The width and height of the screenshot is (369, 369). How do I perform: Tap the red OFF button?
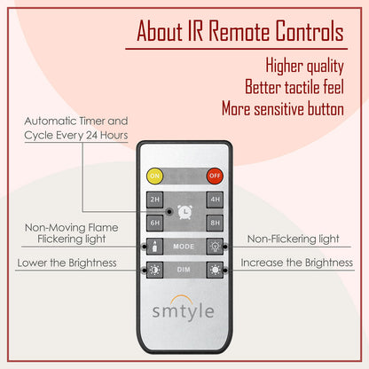tap(215, 176)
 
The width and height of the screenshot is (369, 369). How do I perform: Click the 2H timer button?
tap(155, 200)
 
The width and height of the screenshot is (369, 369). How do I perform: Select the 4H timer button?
tap(215, 200)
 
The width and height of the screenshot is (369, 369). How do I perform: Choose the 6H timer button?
tap(155, 223)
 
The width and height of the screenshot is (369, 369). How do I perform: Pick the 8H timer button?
tap(215, 223)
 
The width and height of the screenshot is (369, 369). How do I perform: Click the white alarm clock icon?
tap(185, 212)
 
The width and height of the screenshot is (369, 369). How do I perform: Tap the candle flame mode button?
tap(154, 247)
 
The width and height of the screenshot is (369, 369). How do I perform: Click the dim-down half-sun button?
tap(154, 270)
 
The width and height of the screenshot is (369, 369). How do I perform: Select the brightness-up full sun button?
tap(215, 270)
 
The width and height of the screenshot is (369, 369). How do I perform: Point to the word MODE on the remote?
tap(184, 247)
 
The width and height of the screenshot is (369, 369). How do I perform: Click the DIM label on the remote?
tap(184, 270)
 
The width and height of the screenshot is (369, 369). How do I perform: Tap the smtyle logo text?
tap(184, 311)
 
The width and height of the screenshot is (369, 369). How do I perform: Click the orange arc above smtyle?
tap(184, 297)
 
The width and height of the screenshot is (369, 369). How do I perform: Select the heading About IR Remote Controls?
tap(240, 31)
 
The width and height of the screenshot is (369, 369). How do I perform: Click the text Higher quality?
tap(304, 66)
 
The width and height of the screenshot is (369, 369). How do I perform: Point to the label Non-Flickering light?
tap(294, 239)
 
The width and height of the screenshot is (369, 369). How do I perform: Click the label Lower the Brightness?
tap(67, 263)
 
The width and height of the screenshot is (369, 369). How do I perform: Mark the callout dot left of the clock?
tap(169, 211)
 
